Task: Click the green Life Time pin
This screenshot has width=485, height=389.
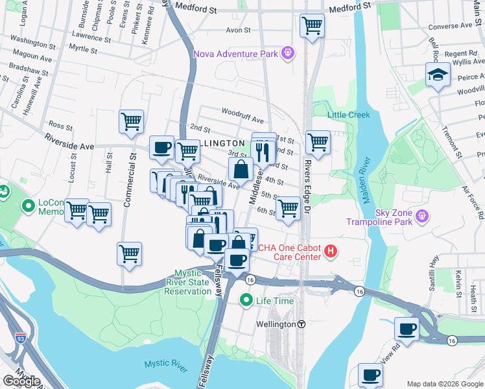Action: tap(246, 300)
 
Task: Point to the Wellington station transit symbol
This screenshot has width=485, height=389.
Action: tap(301, 324)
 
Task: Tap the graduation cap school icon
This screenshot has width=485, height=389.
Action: tap(438, 75)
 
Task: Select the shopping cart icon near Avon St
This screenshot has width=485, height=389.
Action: tap(312, 27)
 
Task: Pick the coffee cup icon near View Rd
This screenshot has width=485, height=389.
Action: tap(407, 329)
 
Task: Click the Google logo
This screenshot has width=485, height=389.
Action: tap(22, 381)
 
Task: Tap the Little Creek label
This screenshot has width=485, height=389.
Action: tap(348, 115)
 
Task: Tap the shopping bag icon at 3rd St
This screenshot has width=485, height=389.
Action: tap(241, 170)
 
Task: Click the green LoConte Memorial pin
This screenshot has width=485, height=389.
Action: tap(28, 207)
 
